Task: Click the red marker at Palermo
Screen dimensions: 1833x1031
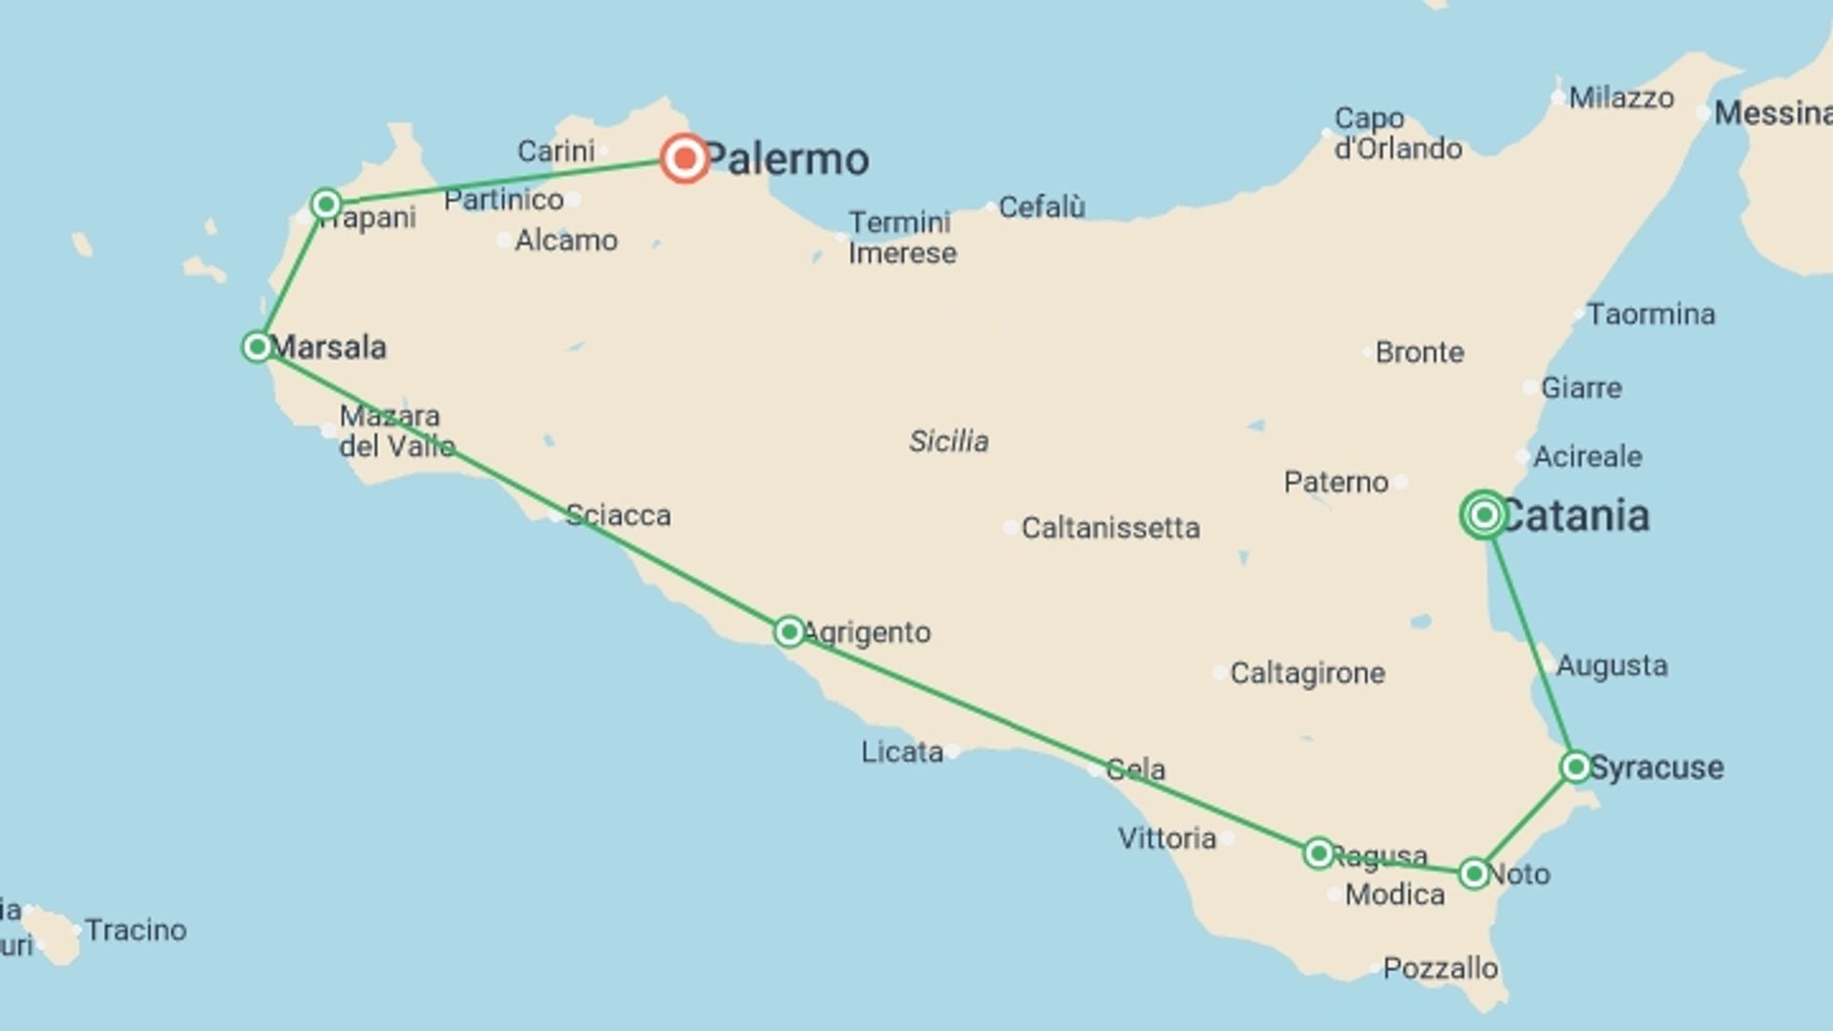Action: coord(685,158)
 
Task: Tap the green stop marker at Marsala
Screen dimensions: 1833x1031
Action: coord(257,347)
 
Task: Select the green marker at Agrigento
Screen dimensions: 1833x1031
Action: coord(789,631)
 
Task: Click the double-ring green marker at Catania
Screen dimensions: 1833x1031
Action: coord(1484,515)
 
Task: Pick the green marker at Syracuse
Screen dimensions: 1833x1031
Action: coord(1575,767)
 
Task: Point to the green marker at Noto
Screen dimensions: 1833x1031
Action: coord(1473,873)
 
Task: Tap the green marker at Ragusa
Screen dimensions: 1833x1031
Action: coord(1318,852)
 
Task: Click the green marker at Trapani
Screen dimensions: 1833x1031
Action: coord(327,203)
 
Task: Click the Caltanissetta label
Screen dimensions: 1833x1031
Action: coord(1110,528)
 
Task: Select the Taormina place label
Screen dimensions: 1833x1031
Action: coord(1651,314)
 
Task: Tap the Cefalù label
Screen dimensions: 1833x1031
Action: coord(1042,207)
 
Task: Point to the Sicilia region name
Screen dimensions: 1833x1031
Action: coord(949,441)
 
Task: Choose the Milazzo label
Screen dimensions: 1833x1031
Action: coord(1621,97)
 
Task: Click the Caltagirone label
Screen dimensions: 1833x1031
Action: coord(1307,673)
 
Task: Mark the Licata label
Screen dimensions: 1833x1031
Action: coord(902,752)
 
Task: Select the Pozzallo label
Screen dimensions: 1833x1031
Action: coord(1440,968)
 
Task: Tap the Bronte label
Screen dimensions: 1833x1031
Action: coord(1420,352)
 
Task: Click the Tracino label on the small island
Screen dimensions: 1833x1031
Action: coord(136,930)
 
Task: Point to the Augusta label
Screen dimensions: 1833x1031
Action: coord(1612,665)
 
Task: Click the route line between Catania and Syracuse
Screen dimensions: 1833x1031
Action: coord(1529,641)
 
